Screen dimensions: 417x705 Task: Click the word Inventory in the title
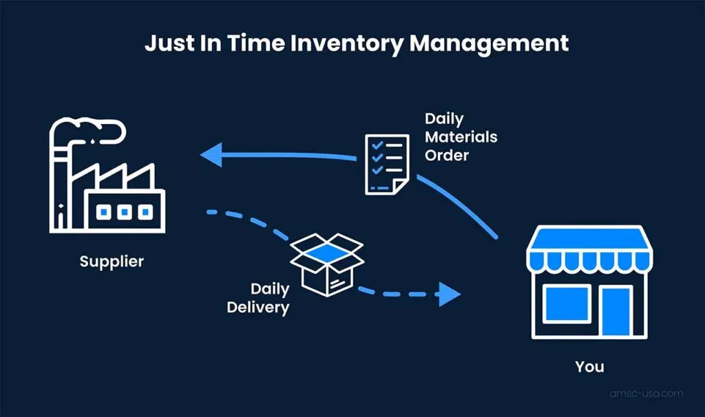click(346, 43)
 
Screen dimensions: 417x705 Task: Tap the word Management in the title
click(489, 43)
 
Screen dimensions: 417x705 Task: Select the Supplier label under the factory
click(112, 261)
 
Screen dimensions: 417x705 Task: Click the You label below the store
click(589, 366)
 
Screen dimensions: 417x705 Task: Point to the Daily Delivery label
click(259, 297)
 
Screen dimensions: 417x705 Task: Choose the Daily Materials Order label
click(460, 137)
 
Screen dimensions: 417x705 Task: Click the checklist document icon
click(385, 164)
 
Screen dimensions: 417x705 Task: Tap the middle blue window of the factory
click(124, 212)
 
